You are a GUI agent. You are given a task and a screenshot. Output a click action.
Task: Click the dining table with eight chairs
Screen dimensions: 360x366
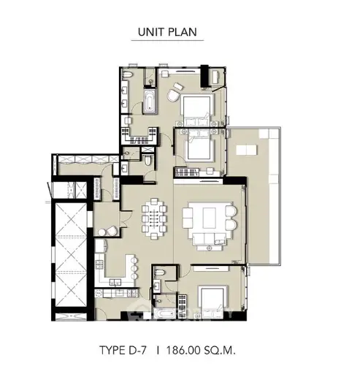coord(154,218)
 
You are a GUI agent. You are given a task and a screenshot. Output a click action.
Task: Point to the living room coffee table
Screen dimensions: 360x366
coord(209,218)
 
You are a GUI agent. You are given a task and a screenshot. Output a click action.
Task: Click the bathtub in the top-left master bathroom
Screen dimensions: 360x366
coord(149,102)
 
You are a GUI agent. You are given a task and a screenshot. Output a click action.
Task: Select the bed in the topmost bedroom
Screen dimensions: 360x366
coord(197,110)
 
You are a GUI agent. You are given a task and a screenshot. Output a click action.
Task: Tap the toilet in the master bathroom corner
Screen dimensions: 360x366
coord(127,75)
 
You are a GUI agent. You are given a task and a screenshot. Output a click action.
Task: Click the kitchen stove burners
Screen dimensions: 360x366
coord(100,265)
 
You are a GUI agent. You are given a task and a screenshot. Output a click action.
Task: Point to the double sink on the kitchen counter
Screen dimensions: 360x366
coord(115,283)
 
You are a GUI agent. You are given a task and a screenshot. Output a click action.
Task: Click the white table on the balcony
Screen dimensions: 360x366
coord(246,150)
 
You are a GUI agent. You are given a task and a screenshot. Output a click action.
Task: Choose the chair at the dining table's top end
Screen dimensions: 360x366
coord(154,201)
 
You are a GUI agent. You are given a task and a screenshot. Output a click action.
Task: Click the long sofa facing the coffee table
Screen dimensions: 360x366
coord(209,238)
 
